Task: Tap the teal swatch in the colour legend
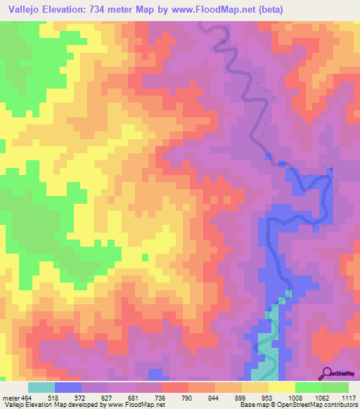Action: (41, 387)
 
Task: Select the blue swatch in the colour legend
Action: (68, 387)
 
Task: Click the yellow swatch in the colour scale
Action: (282, 387)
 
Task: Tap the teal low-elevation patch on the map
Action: (266, 348)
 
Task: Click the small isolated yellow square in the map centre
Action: (145, 257)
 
